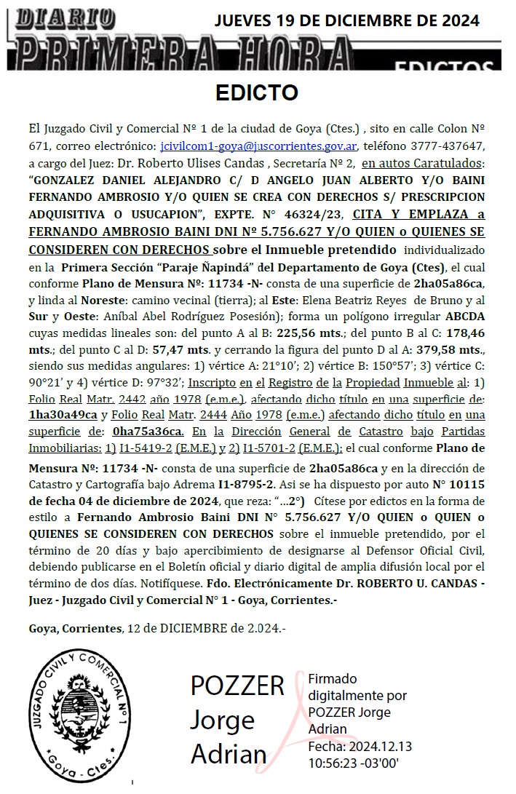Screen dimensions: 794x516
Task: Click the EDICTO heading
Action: pos(257,93)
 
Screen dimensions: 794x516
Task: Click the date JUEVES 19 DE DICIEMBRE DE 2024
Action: pos(347,20)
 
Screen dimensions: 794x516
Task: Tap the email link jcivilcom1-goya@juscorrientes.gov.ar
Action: pos(258,145)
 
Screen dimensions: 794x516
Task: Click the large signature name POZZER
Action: pos(237,686)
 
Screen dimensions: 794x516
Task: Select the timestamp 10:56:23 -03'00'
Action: pos(353,763)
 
